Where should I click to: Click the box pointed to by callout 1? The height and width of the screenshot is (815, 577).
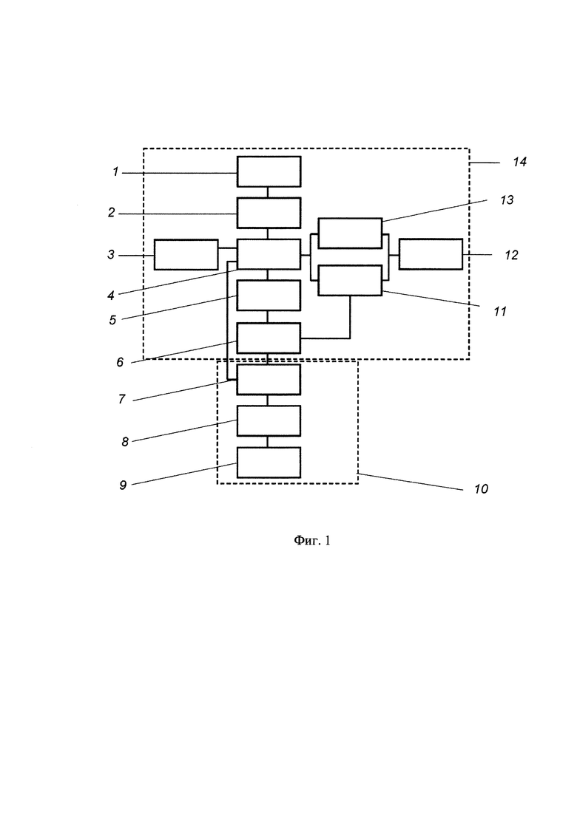[x=269, y=171]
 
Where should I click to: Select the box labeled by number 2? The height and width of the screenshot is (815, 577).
[x=269, y=213]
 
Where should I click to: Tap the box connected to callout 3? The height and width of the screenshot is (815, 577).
[x=186, y=255]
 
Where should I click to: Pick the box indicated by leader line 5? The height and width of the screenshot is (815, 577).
[x=269, y=296]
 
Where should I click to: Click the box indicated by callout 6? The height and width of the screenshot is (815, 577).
[x=269, y=338]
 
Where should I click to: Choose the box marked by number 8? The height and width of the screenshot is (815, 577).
[x=269, y=420]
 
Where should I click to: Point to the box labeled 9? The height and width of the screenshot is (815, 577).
[x=269, y=462]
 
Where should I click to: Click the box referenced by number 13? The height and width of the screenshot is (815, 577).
[x=350, y=233]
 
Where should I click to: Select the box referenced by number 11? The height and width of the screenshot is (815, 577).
[x=350, y=280]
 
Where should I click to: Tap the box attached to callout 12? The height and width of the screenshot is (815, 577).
[x=431, y=254]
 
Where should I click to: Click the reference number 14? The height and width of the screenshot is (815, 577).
[x=520, y=162]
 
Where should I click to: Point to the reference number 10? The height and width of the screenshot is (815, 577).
[x=482, y=489]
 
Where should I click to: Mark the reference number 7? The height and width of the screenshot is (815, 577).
[x=122, y=399]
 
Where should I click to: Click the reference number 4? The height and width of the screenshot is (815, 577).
[x=111, y=296]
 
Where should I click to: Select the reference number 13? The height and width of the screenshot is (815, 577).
[x=507, y=200]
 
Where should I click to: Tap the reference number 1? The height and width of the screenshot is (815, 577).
[x=115, y=171]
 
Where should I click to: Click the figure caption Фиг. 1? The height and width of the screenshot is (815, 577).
[x=312, y=541]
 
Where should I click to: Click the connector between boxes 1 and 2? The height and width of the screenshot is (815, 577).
[x=268, y=192]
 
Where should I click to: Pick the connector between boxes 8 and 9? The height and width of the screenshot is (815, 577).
[x=268, y=441]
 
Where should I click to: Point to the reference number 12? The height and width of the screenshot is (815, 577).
[x=511, y=255]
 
